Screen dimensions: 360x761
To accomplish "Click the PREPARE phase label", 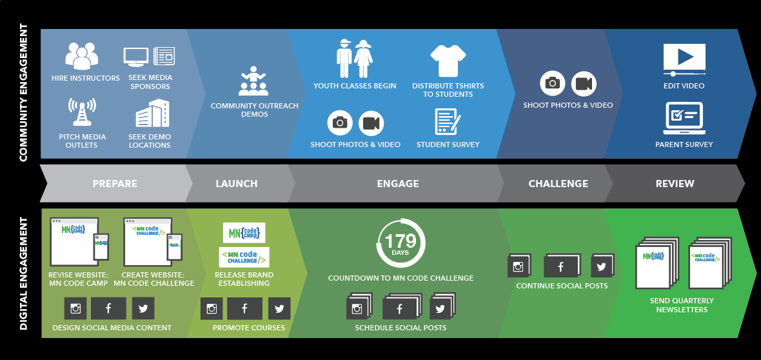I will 115,184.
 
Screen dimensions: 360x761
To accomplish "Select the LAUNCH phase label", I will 237,184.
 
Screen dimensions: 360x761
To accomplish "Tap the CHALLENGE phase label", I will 558,184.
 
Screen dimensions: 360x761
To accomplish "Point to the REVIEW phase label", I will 675,184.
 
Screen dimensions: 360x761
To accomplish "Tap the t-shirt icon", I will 448,61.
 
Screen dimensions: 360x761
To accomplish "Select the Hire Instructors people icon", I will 82,56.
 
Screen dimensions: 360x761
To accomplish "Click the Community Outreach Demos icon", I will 253,81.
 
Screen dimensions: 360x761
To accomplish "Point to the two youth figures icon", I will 355,59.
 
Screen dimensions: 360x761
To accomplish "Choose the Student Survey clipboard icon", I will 448,121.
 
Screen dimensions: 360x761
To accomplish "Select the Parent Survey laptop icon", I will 684,117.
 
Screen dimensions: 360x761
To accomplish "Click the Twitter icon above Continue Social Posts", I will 601,266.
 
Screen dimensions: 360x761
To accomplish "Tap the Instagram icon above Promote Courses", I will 212,309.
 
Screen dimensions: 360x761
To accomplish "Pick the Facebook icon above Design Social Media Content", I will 108,309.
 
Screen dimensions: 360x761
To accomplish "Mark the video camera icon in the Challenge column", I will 584,83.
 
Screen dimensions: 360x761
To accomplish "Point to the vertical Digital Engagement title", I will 23,274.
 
